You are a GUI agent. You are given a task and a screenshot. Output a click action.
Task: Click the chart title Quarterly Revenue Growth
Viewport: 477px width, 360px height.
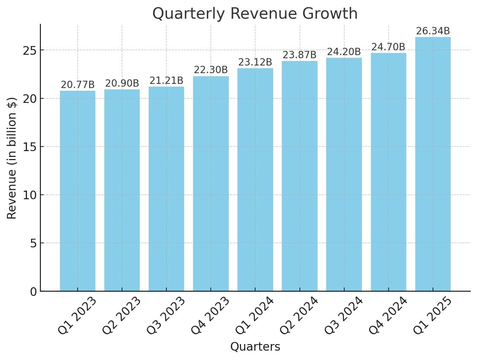(x=255, y=14)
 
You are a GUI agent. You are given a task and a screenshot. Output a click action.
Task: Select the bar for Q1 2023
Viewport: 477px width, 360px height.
(x=78, y=191)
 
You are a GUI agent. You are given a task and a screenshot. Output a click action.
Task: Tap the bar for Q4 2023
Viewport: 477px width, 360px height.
(x=211, y=184)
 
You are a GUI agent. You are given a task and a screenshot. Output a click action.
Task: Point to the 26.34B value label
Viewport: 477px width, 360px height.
(x=433, y=31)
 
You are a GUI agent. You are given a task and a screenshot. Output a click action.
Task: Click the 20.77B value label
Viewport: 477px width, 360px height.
(x=78, y=85)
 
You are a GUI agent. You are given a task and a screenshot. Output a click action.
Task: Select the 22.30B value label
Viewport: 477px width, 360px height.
(x=211, y=70)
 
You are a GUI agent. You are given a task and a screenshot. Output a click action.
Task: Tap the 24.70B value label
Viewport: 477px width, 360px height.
(x=388, y=47)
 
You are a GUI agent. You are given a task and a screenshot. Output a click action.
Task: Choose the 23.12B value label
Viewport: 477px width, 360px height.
(x=255, y=62)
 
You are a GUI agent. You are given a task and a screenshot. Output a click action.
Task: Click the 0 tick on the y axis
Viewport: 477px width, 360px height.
(x=33, y=292)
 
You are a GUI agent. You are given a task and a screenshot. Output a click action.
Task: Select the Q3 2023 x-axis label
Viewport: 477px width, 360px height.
(x=165, y=316)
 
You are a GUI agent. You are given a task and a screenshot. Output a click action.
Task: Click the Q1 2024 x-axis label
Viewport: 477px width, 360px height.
(x=254, y=316)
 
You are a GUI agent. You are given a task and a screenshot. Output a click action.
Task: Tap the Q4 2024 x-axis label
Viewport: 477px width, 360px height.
(x=387, y=316)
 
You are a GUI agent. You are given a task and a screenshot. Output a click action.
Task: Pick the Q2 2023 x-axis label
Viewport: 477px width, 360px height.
(x=121, y=316)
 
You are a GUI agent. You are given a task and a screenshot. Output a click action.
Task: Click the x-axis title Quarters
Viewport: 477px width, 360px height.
(x=255, y=347)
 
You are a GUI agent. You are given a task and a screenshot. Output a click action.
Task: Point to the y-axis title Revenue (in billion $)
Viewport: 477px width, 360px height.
(x=12, y=158)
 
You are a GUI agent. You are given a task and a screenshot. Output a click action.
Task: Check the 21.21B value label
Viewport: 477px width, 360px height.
(x=166, y=81)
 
